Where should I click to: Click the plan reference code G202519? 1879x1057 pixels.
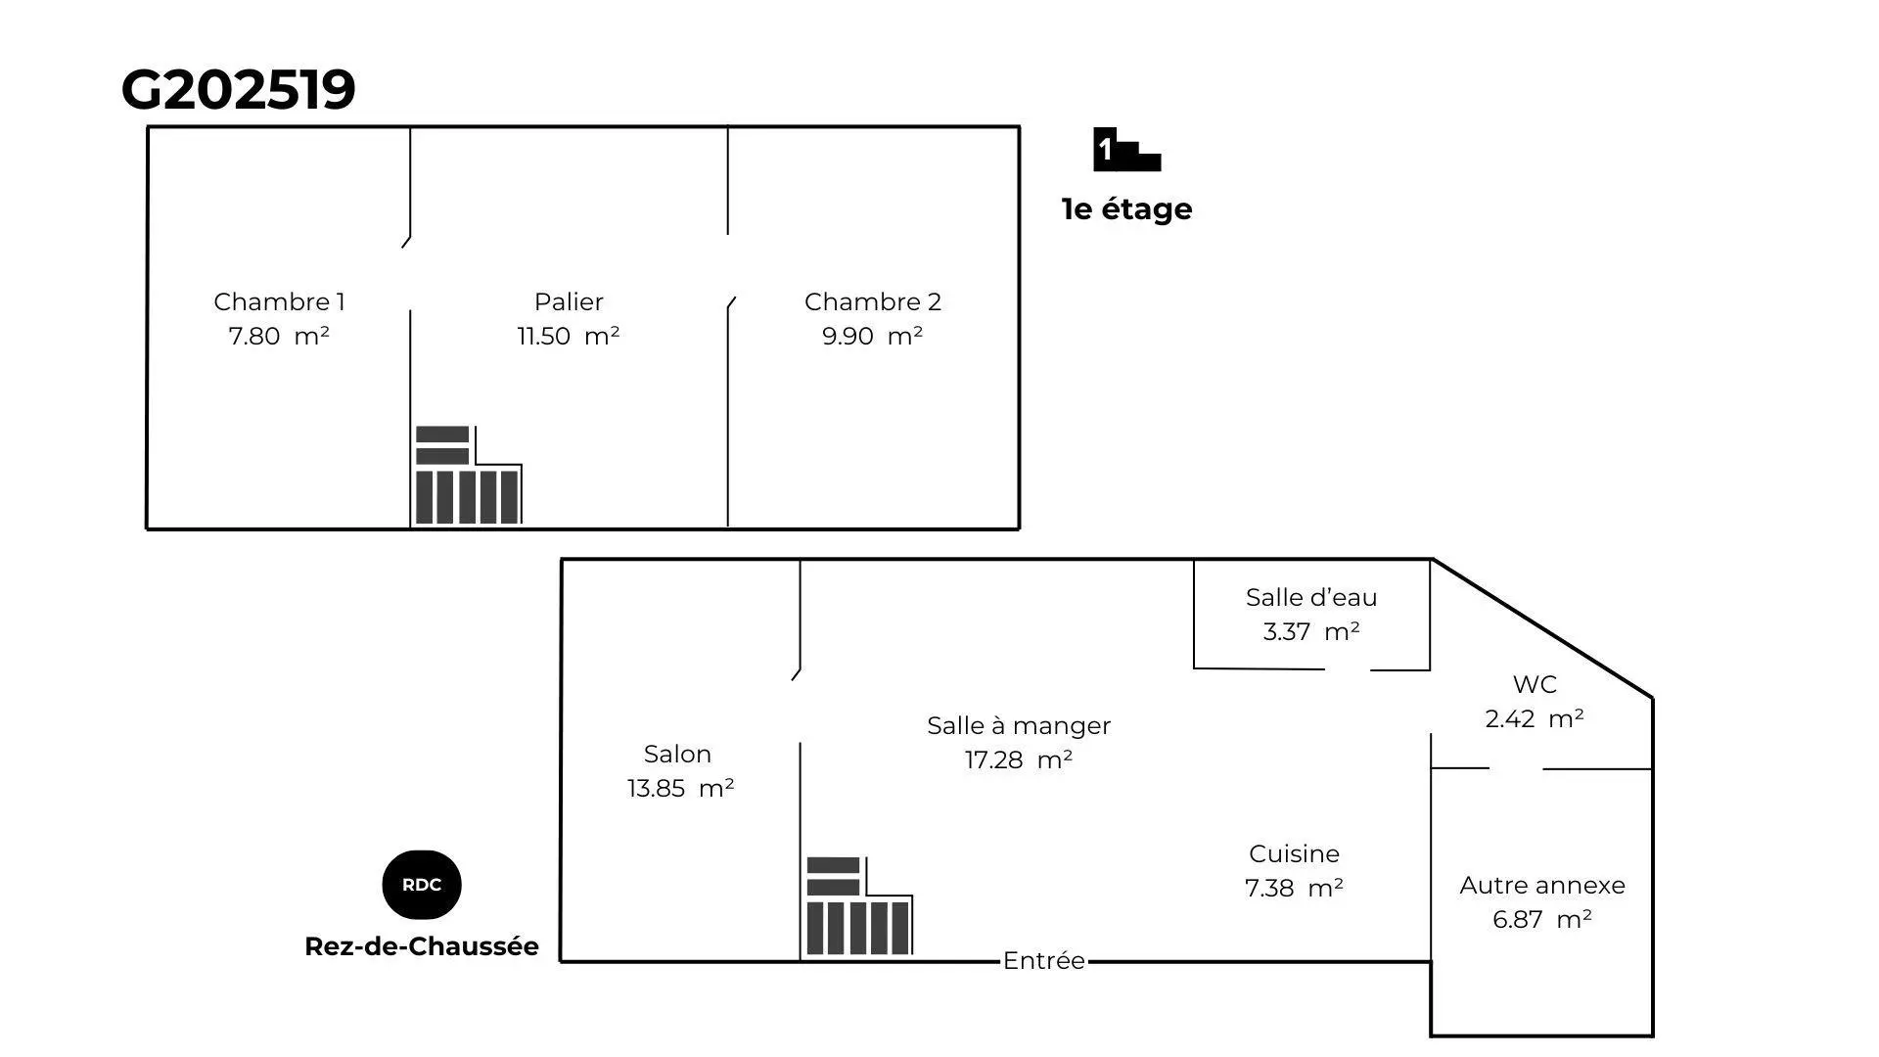coord(238,90)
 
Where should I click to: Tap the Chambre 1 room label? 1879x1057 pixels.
coord(279,301)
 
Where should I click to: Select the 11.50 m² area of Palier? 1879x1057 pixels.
coord(569,336)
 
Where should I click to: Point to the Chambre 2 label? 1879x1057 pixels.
coord(873,301)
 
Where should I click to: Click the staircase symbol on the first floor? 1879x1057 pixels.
coord(468,476)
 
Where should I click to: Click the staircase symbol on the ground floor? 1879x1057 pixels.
coord(859,906)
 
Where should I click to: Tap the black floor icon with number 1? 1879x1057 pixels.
coord(1126,150)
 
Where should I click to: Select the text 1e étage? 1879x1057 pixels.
coord(1127,208)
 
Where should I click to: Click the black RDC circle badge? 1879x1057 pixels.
coord(422,885)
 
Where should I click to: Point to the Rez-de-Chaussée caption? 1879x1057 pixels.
coord(422,946)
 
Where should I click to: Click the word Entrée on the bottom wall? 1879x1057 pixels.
coord(1044,961)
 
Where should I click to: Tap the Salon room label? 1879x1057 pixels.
coord(677,754)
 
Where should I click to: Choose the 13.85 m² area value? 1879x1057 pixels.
coord(681,788)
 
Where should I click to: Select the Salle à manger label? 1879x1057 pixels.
coord(1019,725)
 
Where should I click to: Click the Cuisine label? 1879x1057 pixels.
coord(1294,853)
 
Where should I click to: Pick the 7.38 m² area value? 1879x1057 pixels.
coord(1294,888)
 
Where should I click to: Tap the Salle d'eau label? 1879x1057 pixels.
coord(1311,597)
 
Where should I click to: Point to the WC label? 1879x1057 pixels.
coord(1535,684)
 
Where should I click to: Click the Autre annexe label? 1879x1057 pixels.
coord(1542,885)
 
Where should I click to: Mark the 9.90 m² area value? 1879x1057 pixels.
coord(873,336)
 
